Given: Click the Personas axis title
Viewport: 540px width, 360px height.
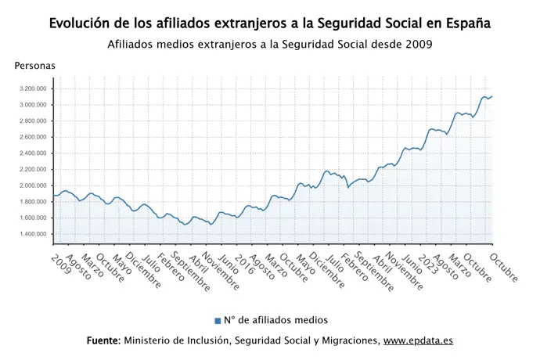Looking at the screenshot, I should click(x=35, y=66).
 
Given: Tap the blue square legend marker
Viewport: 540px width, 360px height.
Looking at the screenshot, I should click(x=218, y=321).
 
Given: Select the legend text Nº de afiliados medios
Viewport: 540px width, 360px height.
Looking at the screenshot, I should click(x=275, y=320).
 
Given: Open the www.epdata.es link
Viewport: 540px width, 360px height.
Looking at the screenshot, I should click(x=418, y=341).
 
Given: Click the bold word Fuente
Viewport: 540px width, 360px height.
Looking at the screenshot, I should click(x=103, y=341).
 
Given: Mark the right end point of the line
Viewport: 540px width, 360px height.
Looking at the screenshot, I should click(x=492, y=96).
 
